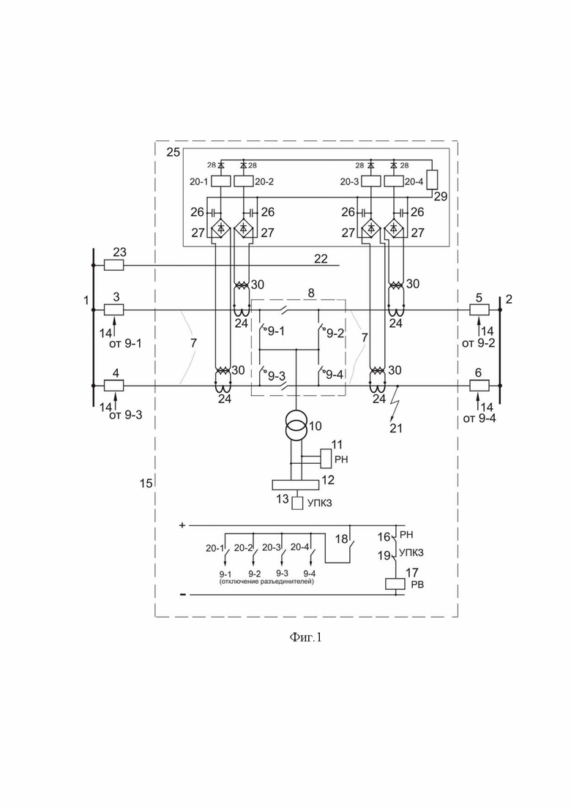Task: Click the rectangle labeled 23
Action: coord(113,265)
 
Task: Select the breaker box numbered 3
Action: coord(113,309)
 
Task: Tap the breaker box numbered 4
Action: coord(113,385)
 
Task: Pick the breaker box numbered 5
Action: coord(479,309)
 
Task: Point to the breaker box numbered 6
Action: coord(479,385)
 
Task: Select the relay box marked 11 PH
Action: coord(326,458)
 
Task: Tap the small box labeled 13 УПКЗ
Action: coord(298,503)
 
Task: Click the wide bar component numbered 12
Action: coord(295,485)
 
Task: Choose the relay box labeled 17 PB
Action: coord(395,584)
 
